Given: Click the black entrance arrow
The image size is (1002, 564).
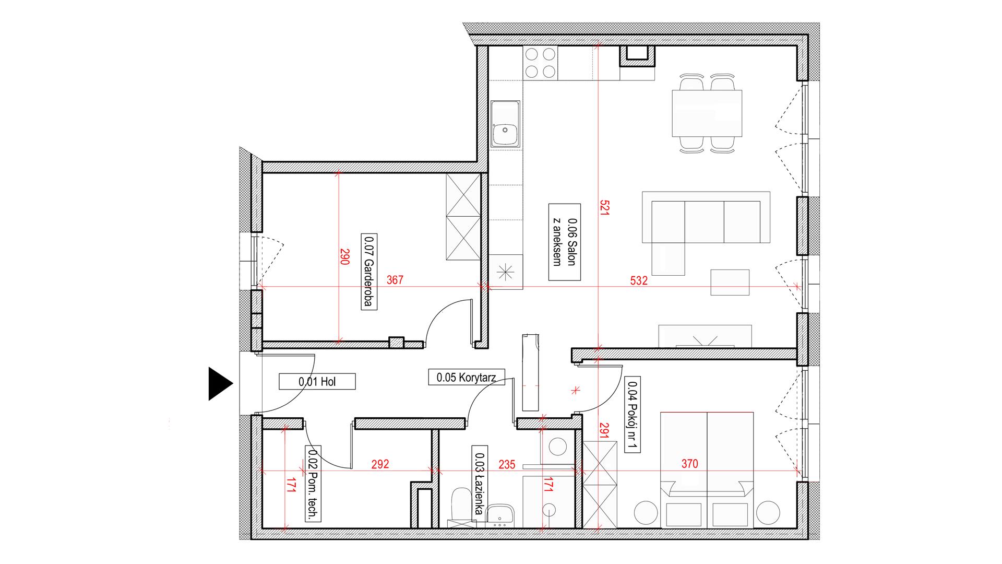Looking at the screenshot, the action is pos(219,384).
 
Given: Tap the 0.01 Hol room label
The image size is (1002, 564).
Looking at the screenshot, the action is pos(317,382).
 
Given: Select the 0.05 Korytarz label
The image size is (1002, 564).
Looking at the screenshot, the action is pos(467,377).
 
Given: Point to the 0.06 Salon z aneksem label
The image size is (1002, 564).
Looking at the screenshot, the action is pos(565,242).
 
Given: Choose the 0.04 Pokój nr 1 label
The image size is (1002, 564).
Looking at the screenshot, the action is pos(633,415).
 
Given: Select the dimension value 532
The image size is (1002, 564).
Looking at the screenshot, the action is pos(638,280).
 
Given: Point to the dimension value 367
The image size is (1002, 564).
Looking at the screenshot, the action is pos(395,280).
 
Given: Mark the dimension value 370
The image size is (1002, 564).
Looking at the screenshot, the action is pos(689,464).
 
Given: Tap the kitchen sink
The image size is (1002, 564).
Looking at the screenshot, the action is pos(505,123).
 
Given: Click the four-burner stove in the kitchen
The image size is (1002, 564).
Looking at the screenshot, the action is pos(540,63).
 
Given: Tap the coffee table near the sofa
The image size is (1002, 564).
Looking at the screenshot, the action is pos(730,283).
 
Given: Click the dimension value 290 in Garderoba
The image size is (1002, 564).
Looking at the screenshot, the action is pos(344,256).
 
